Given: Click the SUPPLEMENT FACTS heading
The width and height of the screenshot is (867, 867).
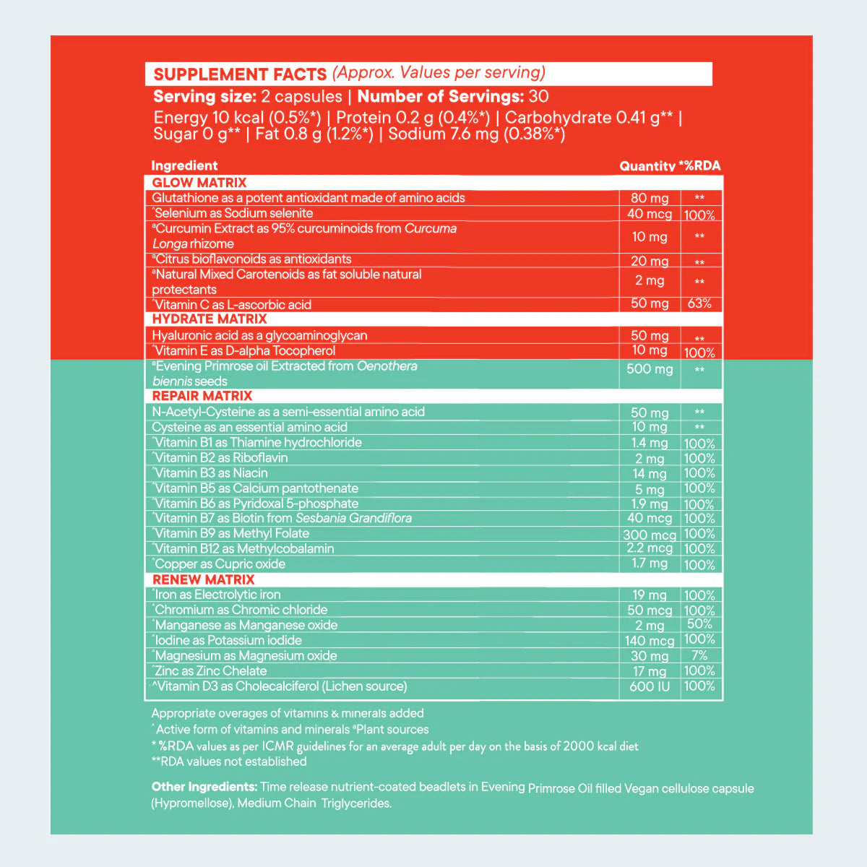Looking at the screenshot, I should click(240, 74).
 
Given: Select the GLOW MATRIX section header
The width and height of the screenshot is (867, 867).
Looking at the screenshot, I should click(199, 183).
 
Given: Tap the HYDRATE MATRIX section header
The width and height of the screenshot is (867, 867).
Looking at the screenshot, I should click(210, 319).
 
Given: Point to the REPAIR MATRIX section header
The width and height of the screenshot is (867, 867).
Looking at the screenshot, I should click(202, 396).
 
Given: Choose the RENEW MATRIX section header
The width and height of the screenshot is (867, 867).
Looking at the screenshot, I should click(203, 579).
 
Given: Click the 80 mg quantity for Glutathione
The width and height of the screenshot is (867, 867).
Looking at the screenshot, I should click(650, 198).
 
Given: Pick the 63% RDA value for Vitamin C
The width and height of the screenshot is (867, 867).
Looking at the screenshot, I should click(699, 303).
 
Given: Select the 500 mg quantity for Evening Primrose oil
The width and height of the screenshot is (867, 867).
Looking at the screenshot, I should click(650, 369).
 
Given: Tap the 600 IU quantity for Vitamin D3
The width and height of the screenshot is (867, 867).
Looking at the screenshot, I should click(650, 686).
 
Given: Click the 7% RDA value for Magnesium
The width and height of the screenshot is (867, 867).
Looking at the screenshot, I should click(699, 655).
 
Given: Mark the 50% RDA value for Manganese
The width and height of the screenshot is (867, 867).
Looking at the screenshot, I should click(699, 624).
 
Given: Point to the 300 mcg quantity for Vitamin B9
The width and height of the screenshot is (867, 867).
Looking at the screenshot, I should click(650, 535).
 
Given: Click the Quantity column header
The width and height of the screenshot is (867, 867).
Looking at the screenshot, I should click(647, 166).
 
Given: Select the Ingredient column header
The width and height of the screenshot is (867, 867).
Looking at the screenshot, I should click(184, 165).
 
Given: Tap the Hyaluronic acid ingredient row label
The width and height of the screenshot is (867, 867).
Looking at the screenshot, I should click(259, 335).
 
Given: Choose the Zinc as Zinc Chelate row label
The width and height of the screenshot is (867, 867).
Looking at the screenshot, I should click(210, 671).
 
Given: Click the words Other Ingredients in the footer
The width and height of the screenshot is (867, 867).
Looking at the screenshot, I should click(204, 787).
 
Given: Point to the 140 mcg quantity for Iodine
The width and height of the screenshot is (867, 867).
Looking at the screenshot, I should click(650, 641).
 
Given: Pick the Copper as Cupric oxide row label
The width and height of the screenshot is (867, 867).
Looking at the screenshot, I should click(220, 564).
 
